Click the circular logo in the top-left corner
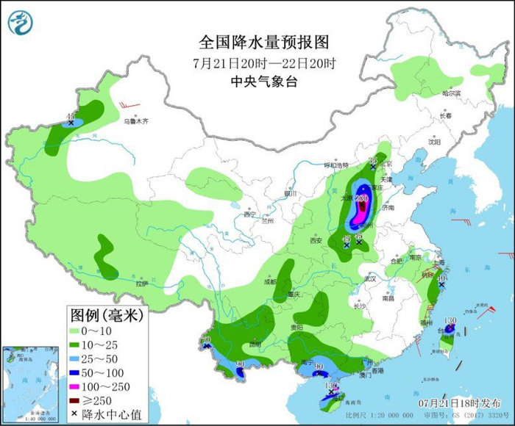21,22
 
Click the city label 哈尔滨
450,93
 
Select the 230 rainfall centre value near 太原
361,198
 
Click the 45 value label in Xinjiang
71,116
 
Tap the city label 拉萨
142,283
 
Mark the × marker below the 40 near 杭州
441,284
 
